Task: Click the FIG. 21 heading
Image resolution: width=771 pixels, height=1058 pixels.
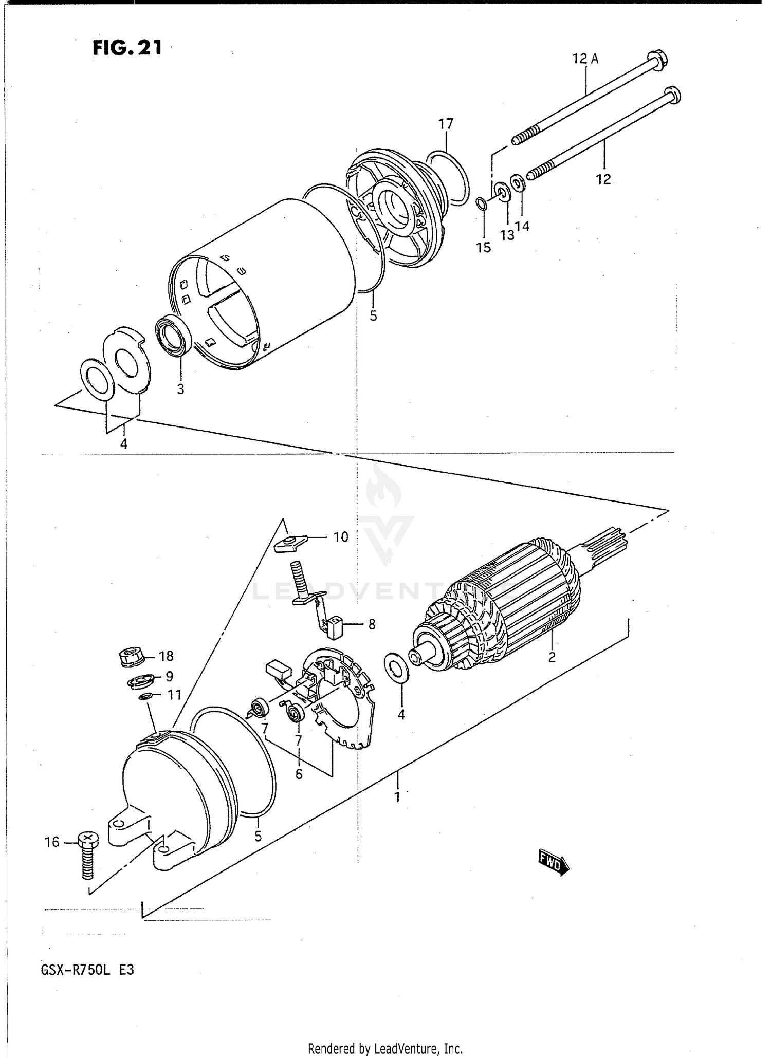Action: pyautogui.click(x=127, y=48)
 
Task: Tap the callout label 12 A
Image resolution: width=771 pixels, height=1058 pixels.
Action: pyautogui.click(x=585, y=59)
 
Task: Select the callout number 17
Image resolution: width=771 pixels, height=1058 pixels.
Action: pyautogui.click(x=446, y=124)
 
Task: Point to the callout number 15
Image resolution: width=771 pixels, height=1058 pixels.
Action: pyautogui.click(x=483, y=248)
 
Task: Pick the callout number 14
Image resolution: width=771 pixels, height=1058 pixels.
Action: pyautogui.click(x=523, y=226)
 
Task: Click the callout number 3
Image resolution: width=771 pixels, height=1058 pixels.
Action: pyautogui.click(x=180, y=389)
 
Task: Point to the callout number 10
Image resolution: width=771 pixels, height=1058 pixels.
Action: pyautogui.click(x=341, y=537)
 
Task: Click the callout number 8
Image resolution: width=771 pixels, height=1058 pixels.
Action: pyautogui.click(x=372, y=624)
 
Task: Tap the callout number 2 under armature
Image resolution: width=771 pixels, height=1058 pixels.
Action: pyautogui.click(x=552, y=657)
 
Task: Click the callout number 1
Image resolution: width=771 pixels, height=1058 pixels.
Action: pyautogui.click(x=397, y=797)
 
